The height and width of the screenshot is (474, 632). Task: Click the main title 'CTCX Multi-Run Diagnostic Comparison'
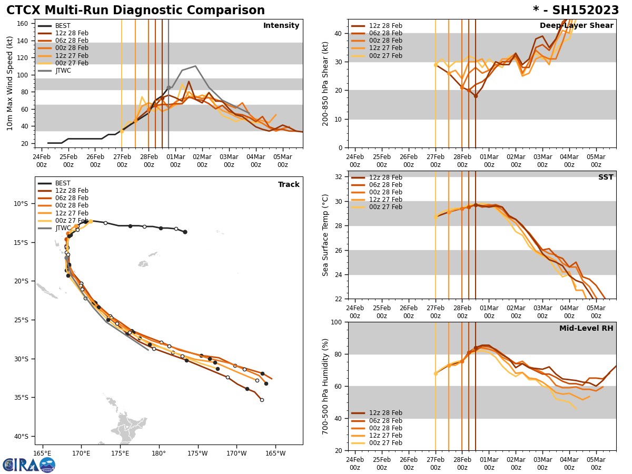coord(135,11)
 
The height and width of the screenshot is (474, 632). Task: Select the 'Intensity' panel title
coord(281,26)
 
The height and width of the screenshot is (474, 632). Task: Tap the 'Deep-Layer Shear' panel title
coord(576,26)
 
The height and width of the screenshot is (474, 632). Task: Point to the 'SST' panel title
coord(606,177)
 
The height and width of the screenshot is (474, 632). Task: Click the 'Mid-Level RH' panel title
coord(586,329)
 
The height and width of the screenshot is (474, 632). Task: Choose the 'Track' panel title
coord(289,185)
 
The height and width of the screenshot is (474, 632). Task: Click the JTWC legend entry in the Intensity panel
coord(63,71)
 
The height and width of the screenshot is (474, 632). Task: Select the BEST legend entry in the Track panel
coord(63,183)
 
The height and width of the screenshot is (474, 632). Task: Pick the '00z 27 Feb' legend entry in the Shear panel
coord(386,56)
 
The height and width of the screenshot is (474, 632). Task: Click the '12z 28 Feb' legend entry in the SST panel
coord(386,177)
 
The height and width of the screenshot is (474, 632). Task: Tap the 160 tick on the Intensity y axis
coord(24,24)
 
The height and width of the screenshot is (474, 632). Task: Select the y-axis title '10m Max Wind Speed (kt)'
coord(10,83)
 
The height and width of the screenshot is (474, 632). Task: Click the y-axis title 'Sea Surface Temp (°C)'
coord(325,235)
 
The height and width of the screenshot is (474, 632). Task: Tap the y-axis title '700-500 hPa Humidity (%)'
coord(325,386)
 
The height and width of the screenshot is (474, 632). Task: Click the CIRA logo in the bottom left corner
coord(28,465)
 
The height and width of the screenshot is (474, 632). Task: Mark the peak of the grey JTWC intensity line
coord(195,66)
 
